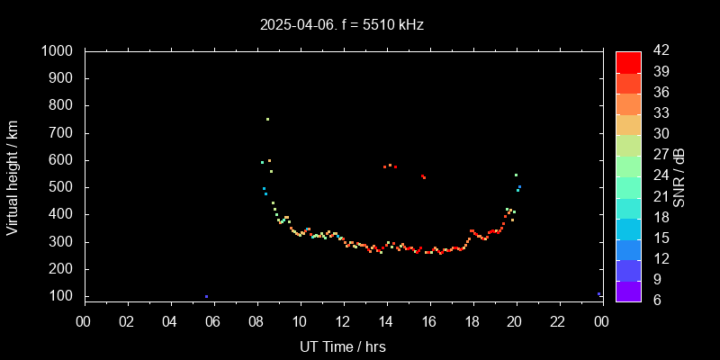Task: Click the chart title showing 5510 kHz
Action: [x=342, y=24]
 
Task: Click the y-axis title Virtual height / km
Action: [x=13, y=177]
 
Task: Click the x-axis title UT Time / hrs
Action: [x=343, y=346]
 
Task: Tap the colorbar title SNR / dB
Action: [x=679, y=176]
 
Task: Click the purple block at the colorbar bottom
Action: [x=628, y=291]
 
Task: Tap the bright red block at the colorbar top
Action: [x=628, y=61]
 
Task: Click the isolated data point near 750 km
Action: [x=267, y=119]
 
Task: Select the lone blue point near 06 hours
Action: [x=206, y=296]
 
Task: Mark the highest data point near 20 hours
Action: [x=516, y=175]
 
